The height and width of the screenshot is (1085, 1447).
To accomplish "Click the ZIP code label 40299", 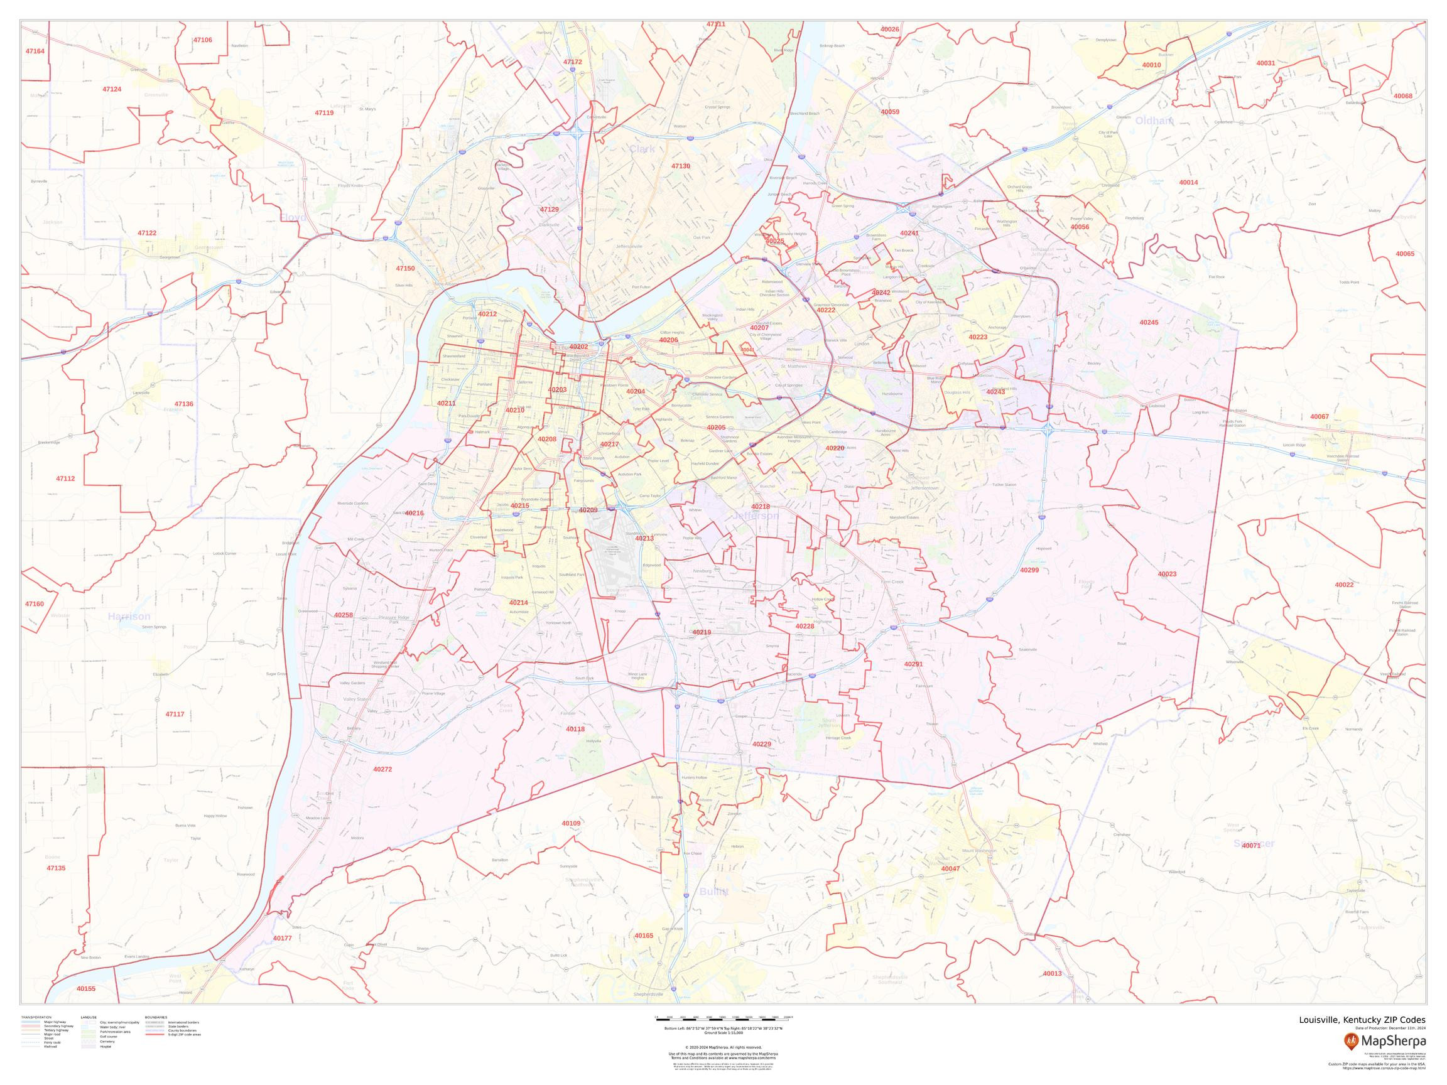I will pyautogui.click(x=1029, y=570).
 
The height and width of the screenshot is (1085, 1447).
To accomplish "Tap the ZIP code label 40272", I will pyautogui.click(x=382, y=769).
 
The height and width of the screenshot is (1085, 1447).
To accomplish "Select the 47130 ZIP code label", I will pyautogui.click(x=680, y=166).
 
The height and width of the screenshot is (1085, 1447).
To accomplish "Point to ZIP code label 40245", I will pyautogui.click(x=1149, y=323).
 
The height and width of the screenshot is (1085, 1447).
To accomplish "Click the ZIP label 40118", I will pyautogui.click(x=576, y=728).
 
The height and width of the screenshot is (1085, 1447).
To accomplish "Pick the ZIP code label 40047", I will pyautogui.click(x=950, y=868).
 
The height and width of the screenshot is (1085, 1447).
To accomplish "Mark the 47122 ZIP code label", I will pyautogui.click(x=147, y=233).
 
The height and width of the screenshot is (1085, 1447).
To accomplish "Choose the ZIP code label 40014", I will pyautogui.click(x=1189, y=183).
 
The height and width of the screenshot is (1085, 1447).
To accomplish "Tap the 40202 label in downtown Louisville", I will pyautogui.click(x=578, y=347).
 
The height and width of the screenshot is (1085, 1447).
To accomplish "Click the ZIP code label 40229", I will pyautogui.click(x=761, y=744).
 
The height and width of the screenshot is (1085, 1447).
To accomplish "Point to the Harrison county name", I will pyautogui.click(x=129, y=617).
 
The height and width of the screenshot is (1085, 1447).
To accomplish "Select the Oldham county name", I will pyautogui.click(x=1154, y=121).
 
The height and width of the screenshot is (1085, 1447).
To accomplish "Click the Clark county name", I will pyautogui.click(x=642, y=149).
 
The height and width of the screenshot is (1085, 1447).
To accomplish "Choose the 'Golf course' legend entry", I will pyautogui.click(x=107, y=1055).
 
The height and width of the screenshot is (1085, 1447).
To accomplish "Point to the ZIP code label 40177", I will pyautogui.click(x=283, y=938).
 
